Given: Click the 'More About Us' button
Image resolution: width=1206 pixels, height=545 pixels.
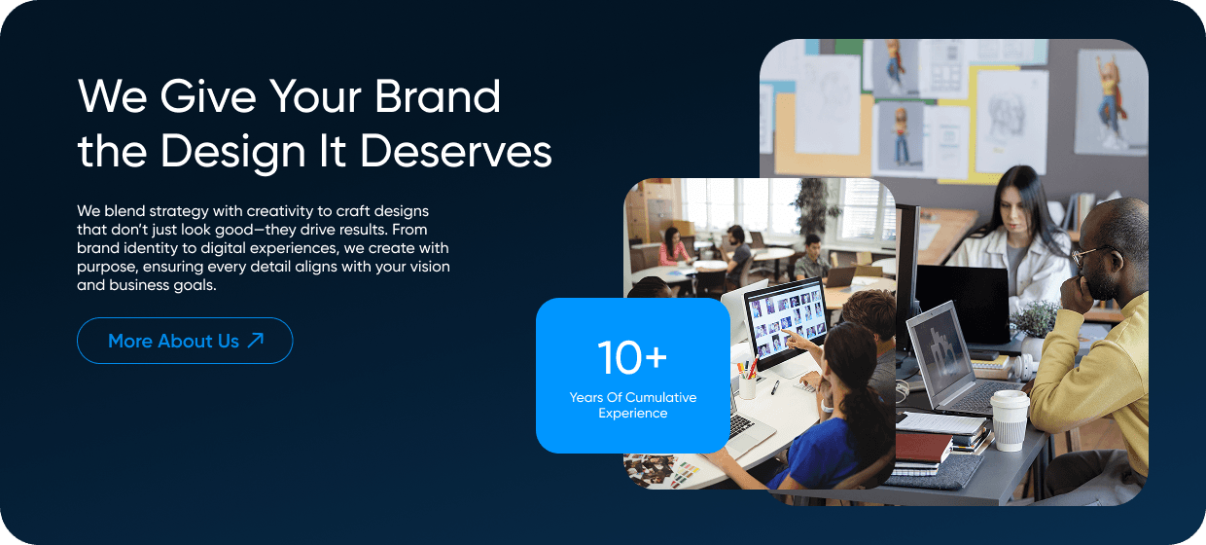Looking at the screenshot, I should [185, 341].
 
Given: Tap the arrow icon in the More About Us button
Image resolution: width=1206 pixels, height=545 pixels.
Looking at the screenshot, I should [256, 340].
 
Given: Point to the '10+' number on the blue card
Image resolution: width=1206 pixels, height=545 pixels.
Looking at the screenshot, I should [632, 357].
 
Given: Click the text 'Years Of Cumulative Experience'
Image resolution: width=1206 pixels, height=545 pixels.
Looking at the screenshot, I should [633, 405].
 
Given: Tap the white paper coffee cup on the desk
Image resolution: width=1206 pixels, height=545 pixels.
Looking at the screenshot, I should [1010, 419].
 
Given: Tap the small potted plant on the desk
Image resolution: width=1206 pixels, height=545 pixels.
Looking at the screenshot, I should [1036, 320].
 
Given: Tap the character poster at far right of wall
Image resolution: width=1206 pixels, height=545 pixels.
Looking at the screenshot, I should [1108, 98].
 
